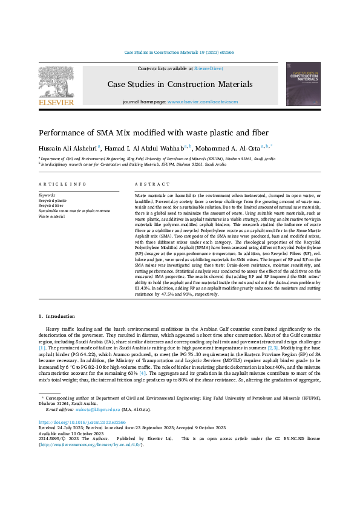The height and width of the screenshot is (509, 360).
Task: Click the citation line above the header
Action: (x=179, y=53)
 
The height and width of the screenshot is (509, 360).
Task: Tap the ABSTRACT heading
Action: (x=148, y=183)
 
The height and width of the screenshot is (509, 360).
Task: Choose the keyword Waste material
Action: (x=51, y=215)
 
